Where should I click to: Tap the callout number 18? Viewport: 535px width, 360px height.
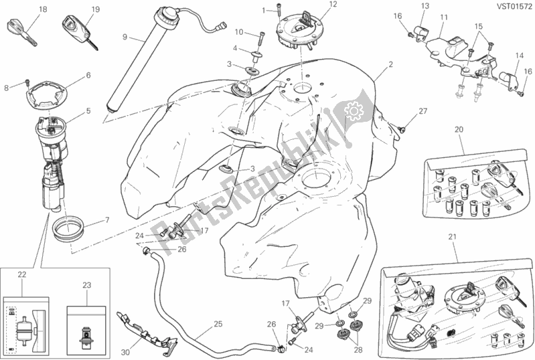43,9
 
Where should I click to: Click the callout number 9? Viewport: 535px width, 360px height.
125,37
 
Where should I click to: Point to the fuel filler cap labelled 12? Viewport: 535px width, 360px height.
298,31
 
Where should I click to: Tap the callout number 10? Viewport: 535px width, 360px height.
239,32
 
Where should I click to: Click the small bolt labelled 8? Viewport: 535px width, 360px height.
27,82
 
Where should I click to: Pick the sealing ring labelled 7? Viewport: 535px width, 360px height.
68,227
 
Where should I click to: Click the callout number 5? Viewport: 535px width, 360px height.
88,111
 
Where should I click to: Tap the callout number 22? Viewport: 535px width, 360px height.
22,274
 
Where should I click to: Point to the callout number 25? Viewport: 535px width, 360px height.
218,324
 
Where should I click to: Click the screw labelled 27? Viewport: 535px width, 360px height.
402,128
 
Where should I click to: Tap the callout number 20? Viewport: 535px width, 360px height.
459,129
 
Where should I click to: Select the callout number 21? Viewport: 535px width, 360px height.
452,237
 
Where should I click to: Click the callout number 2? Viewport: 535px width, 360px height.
390,64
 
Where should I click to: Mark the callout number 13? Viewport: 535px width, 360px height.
425,6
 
